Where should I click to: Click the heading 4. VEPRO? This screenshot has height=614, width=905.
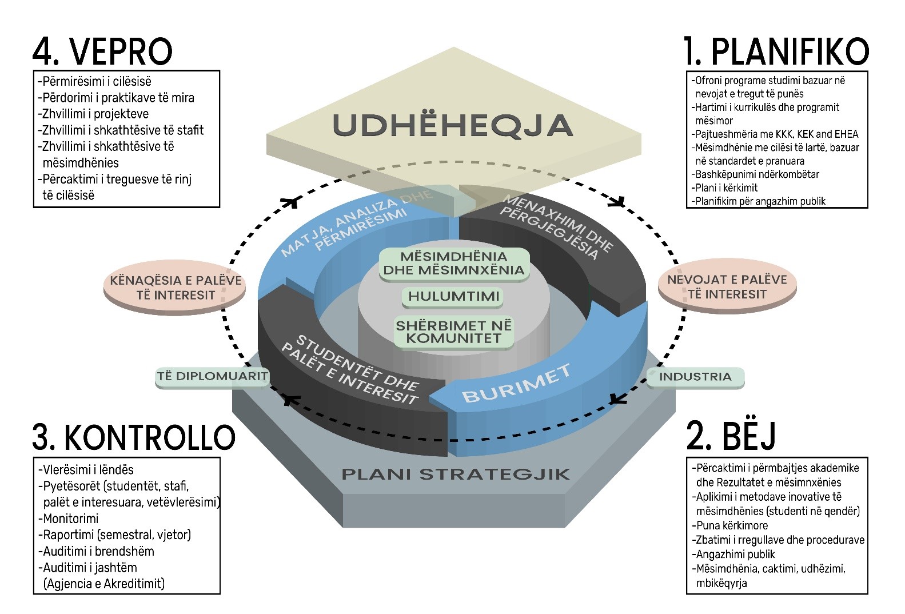(x=102, y=51)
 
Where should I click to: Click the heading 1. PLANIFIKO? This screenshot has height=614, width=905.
(x=776, y=51)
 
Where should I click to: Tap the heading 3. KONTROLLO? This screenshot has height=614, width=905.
(x=134, y=437)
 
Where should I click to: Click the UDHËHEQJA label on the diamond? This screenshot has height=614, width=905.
(x=453, y=125)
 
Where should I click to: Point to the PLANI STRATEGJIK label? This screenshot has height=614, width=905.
(x=456, y=474)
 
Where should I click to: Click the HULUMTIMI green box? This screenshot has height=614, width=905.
(x=454, y=297)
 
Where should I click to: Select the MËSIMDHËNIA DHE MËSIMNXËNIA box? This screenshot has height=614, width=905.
(x=454, y=264)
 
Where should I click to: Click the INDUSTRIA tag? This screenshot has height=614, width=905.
(x=695, y=377)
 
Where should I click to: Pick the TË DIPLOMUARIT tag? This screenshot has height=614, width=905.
(x=213, y=377)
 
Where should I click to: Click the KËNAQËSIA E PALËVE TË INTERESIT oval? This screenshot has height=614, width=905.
(x=175, y=288)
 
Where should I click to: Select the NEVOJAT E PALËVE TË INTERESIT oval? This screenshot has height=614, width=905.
(x=727, y=287)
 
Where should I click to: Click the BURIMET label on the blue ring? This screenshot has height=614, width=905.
(x=516, y=384)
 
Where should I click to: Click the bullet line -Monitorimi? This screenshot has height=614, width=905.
(x=68, y=519)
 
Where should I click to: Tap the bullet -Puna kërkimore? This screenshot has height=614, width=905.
(x=729, y=525)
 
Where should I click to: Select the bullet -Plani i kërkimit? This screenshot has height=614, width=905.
(x=724, y=188)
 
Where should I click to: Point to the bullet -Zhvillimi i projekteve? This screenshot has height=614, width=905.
(x=93, y=114)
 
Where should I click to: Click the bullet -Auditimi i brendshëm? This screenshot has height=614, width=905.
(x=96, y=551)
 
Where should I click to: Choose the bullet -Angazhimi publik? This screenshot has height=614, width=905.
(x=733, y=555)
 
